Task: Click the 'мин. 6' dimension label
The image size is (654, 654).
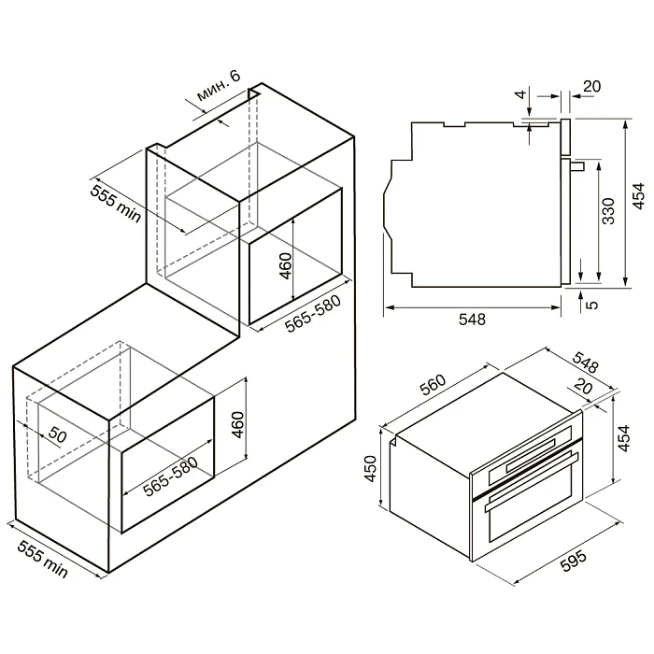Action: [219, 86]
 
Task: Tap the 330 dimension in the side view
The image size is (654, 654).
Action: [609, 211]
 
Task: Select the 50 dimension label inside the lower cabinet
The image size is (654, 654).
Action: [57, 435]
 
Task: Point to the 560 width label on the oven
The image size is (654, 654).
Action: [433, 385]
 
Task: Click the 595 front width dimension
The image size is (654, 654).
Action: [574, 560]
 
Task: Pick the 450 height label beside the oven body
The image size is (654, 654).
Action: [370, 468]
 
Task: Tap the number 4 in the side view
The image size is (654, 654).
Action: [521, 94]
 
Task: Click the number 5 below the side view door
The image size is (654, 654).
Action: [591, 305]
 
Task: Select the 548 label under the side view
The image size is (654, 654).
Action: [472, 320]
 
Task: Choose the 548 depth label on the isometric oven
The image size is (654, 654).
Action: [586, 363]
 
